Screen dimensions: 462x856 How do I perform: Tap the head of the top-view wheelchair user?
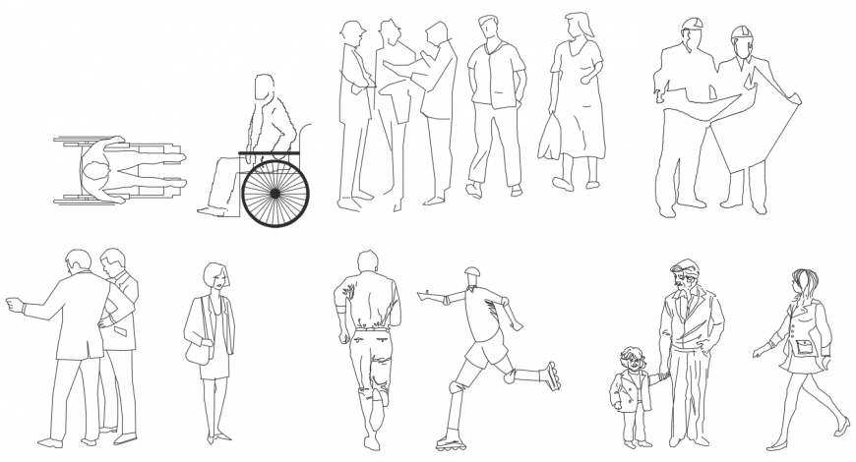(x=95, y=175)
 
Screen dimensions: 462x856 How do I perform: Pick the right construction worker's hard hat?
(x=740, y=35)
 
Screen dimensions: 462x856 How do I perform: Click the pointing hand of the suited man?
(x=13, y=305)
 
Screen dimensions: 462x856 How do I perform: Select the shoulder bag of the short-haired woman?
(x=197, y=352)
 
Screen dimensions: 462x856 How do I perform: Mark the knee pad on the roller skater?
(x=454, y=384)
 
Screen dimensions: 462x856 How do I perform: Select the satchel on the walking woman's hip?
(x=805, y=346)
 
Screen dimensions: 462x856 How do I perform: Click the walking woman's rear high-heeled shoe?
(x=841, y=426)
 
